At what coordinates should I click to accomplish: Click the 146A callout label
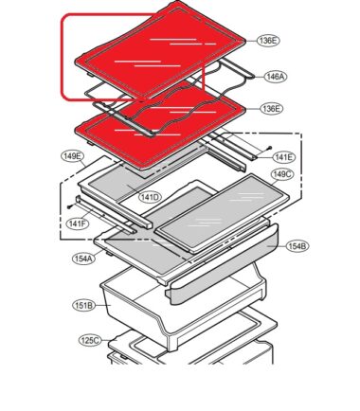(x=276, y=77)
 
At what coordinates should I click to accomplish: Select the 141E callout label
(x=283, y=157)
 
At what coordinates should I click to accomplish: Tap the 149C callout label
(x=282, y=174)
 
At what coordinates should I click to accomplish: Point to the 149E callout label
(x=73, y=156)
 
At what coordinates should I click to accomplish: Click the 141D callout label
(x=151, y=197)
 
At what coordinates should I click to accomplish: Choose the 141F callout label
(x=78, y=223)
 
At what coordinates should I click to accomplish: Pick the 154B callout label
(x=297, y=246)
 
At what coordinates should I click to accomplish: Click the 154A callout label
(x=83, y=259)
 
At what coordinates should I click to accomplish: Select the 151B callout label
(x=84, y=306)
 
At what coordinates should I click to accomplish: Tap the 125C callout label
(x=90, y=341)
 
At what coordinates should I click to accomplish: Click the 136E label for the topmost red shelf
(x=269, y=41)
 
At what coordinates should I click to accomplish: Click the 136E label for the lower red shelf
(x=272, y=109)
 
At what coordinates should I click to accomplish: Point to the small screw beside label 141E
(x=269, y=147)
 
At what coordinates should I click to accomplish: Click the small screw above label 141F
(x=69, y=206)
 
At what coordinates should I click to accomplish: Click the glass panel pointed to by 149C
(x=222, y=213)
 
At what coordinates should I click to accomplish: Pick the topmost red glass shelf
(x=160, y=50)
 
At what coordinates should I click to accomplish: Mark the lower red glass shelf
(x=158, y=126)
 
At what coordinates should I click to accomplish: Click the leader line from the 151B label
(x=101, y=305)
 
